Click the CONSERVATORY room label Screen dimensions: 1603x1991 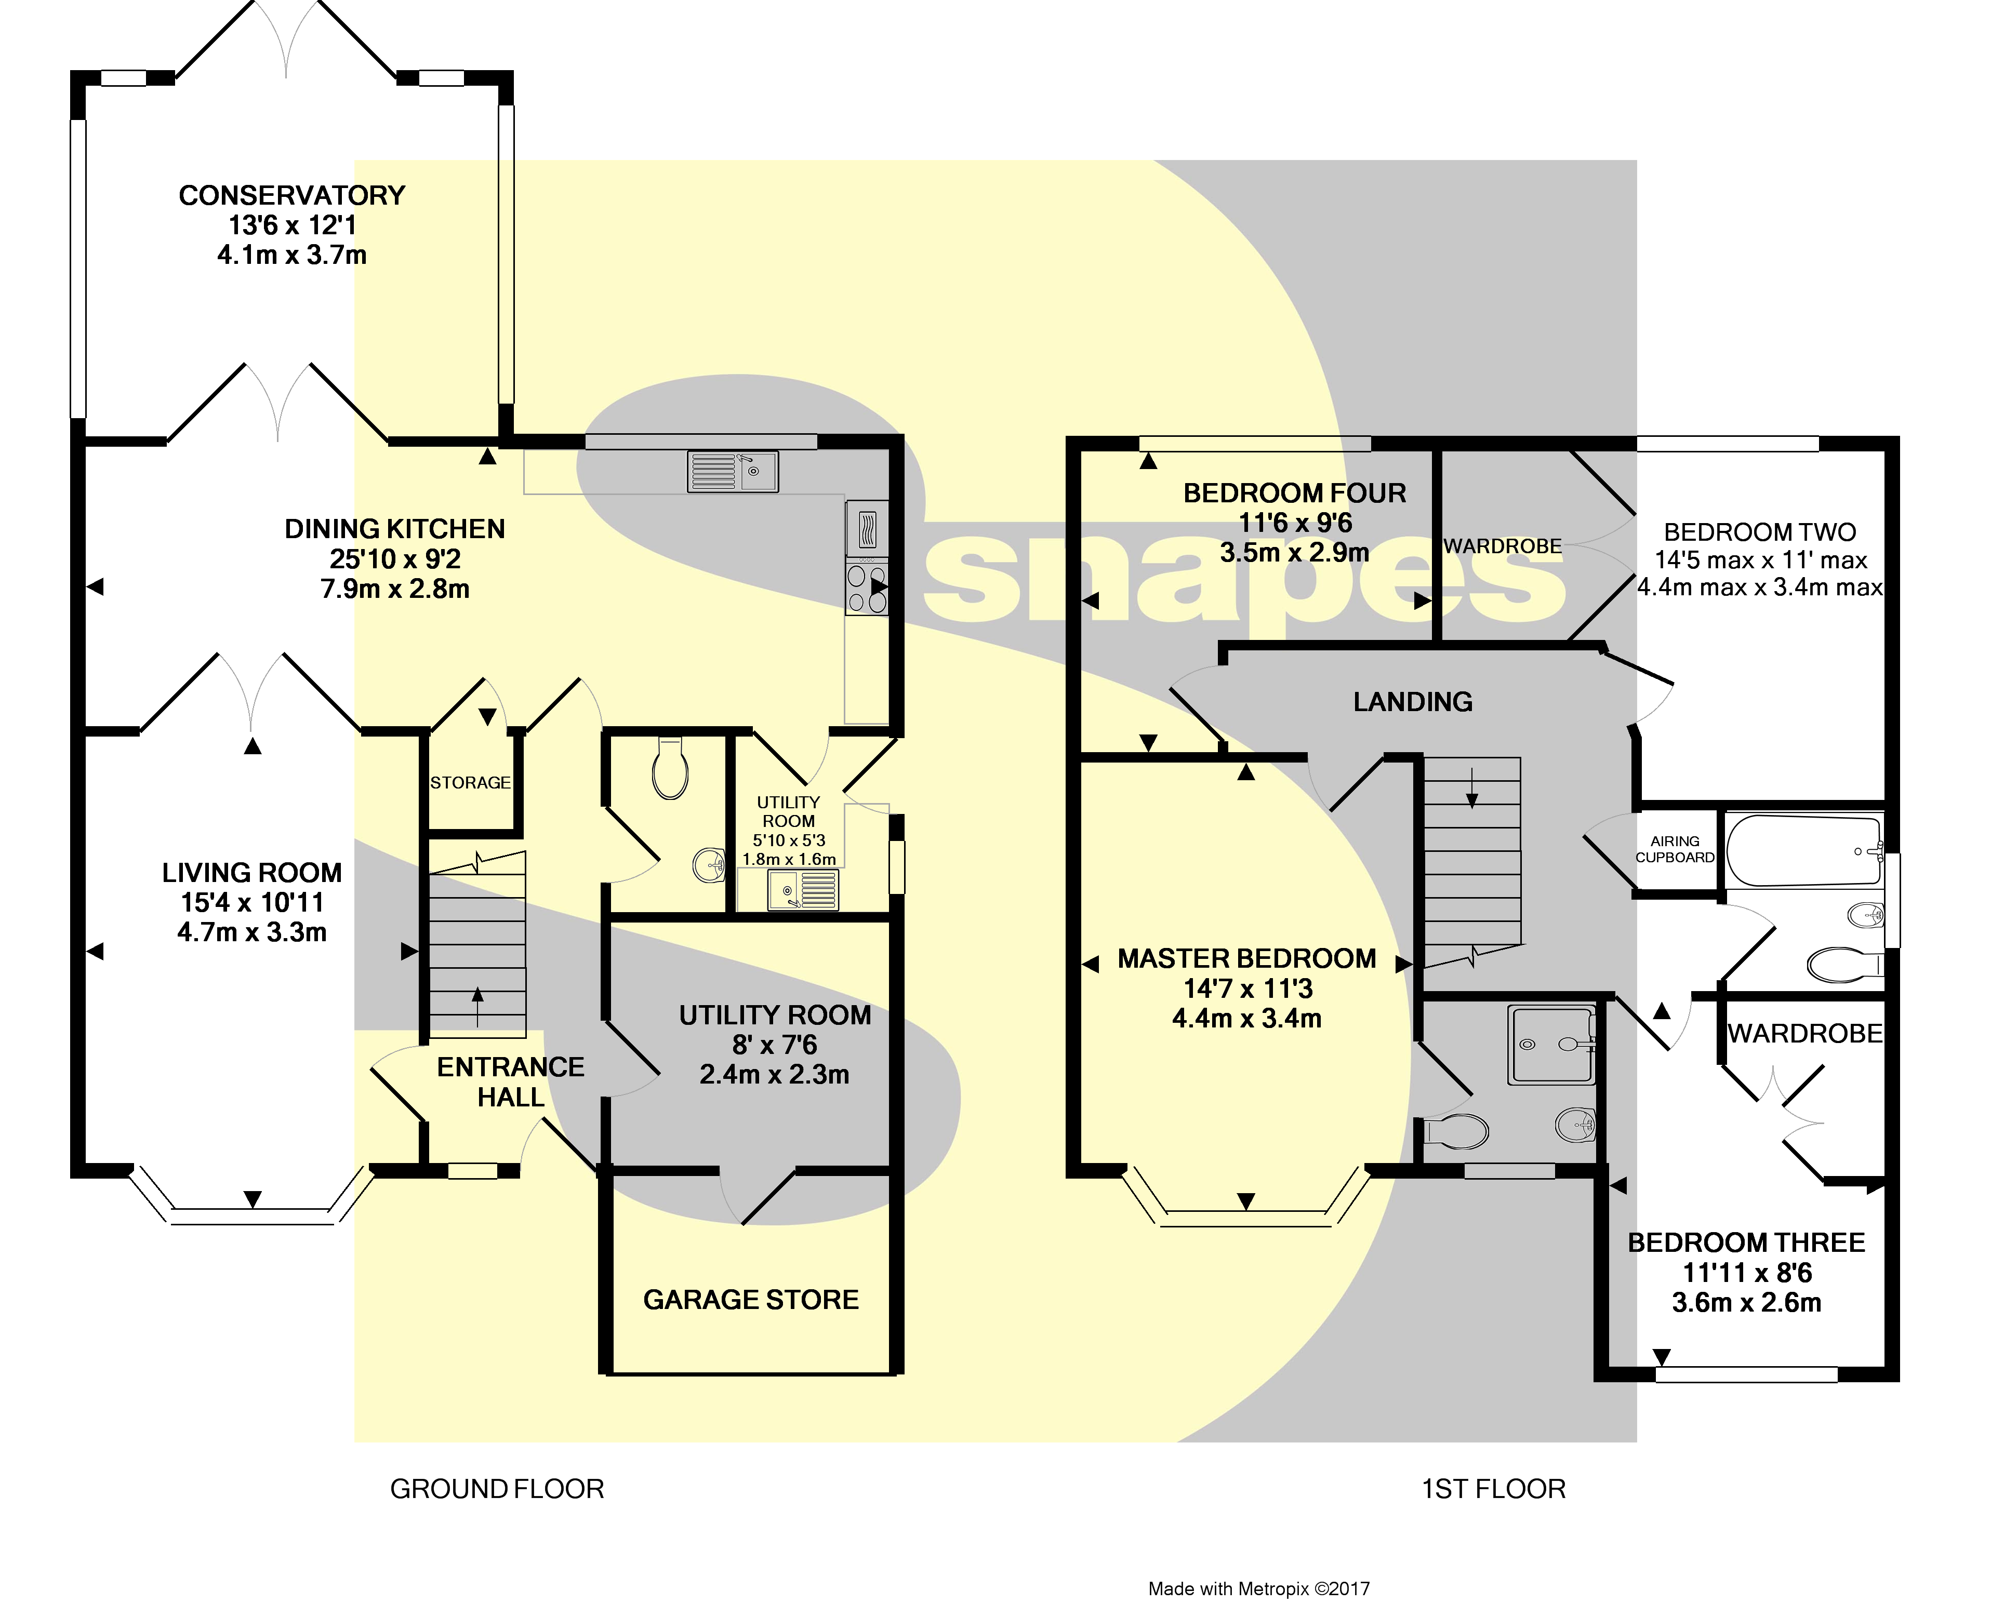(x=292, y=196)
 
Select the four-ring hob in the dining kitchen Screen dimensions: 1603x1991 (x=866, y=589)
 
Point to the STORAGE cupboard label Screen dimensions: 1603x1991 (x=470, y=783)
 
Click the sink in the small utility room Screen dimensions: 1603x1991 (x=803, y=891)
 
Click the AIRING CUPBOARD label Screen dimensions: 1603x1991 (x=1674, y=849)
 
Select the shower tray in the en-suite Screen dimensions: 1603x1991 (x=1552, y=1045)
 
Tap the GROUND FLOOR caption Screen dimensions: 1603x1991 (x=497, y=1489)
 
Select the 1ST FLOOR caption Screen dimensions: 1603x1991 (x=1493, y=1489)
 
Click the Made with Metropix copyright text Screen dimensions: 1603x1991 (x=1259, y=1588)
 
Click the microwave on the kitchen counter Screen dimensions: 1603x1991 (x=866, y=530)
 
